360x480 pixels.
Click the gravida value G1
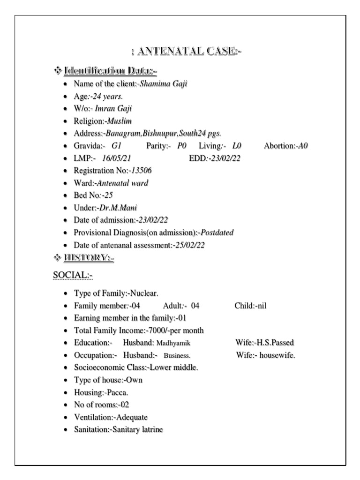coord(116,146)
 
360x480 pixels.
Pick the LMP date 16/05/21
coord(116,158)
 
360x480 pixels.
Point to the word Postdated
coord(217,232)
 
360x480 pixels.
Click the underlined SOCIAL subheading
coord(73,274)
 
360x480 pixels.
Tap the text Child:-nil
coord(250,306)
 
